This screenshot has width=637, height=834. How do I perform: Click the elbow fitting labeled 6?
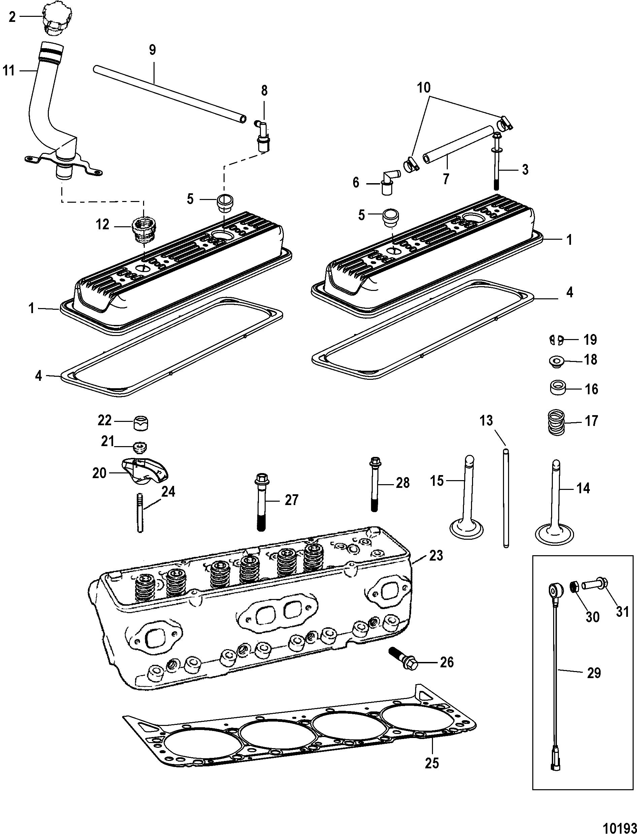389,181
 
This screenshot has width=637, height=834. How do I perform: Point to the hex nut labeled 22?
141,423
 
